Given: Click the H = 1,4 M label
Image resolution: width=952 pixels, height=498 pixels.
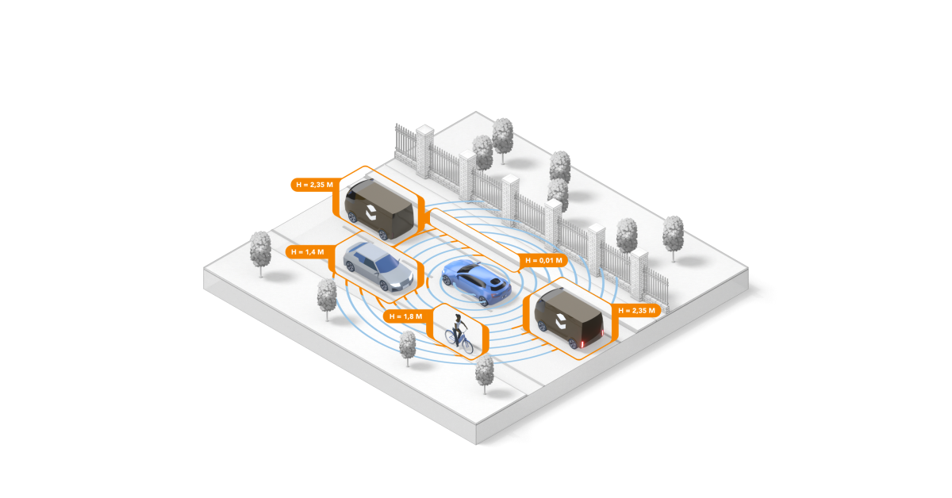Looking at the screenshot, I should coord(305,251).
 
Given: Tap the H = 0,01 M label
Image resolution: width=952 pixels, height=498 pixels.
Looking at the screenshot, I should coord(543,260).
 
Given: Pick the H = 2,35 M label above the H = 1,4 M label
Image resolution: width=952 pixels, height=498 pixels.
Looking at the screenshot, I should coord(312,184).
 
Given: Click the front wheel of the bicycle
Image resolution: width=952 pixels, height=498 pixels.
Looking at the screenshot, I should coord(467,347).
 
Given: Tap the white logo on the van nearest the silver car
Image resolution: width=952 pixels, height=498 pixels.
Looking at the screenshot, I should coord(370,210).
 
